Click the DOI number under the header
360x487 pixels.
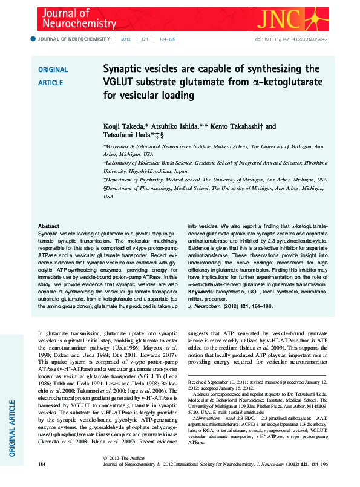click(296, 39)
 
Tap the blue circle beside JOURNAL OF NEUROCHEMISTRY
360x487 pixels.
click(33, 39)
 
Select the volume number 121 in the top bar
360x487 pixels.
click(145, 39)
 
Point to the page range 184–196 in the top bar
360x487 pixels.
click(168, 39)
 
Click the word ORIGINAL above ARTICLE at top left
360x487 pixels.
click(53, 70)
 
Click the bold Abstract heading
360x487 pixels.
click(48, 226)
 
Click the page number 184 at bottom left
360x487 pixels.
click(42, 481)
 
